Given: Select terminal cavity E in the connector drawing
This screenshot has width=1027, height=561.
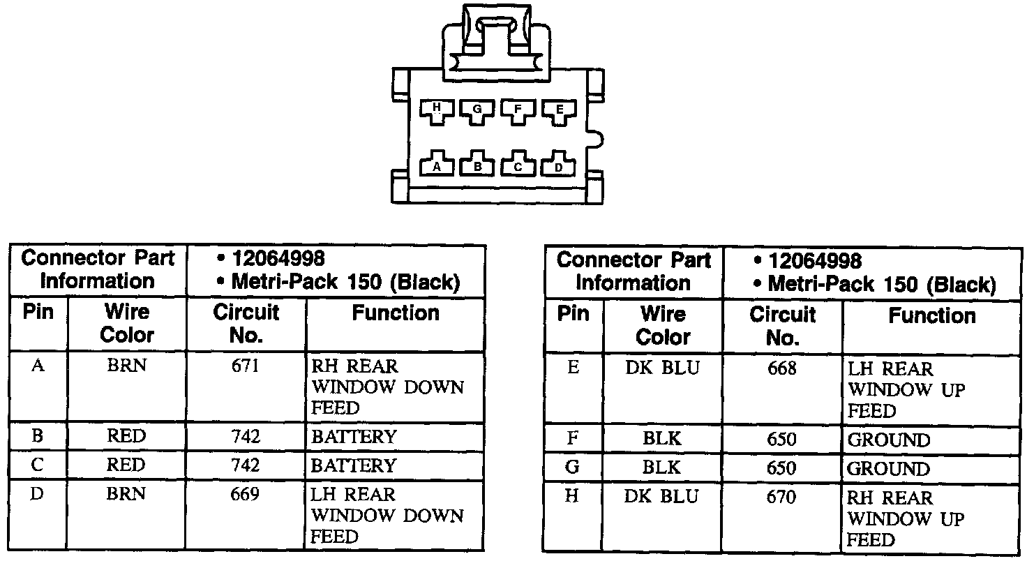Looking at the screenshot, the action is [x=558, y=110].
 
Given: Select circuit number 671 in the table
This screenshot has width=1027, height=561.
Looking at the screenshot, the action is [x=246, y=365].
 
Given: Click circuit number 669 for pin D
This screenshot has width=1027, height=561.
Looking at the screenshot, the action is [x=246, y=494].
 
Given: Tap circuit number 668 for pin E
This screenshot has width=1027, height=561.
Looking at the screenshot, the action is [x=781, y=368].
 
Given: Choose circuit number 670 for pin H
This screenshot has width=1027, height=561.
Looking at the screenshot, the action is [x=781, y=497].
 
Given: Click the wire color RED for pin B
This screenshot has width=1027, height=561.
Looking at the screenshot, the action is [x=126, y=437].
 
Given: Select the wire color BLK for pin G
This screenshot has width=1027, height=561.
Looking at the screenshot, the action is [x=662, y=467].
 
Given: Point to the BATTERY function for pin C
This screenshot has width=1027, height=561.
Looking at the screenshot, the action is [x=353, y=465].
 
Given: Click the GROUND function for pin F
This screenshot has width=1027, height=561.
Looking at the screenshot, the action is [x=889, y=440].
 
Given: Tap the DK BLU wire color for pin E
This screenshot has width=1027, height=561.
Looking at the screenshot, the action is [x=662, y=368].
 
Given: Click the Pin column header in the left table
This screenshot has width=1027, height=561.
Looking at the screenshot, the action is [x=38, y=312].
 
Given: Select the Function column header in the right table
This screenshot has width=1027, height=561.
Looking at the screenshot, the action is [x=931, y=316].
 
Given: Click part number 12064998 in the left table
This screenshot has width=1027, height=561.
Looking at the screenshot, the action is [x=278, y=259].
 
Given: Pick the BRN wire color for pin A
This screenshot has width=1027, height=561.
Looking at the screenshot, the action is [x=126, y=365].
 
